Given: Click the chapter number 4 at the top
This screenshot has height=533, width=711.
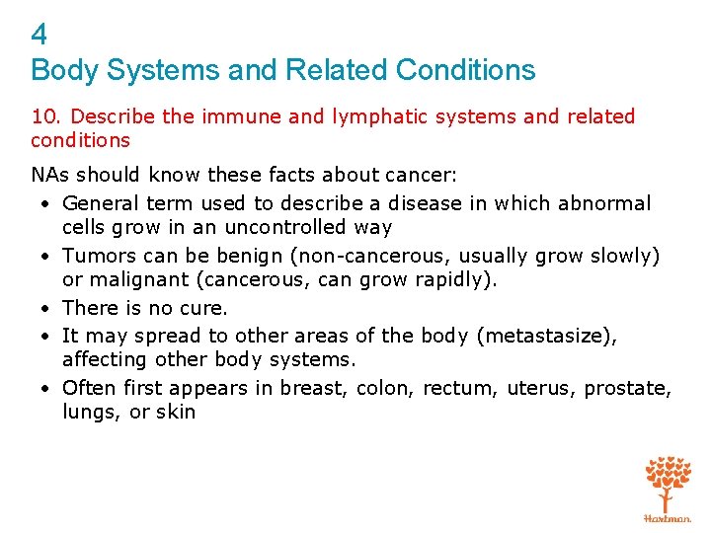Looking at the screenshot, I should (39, 36).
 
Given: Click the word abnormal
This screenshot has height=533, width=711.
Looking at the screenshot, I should (605, 203).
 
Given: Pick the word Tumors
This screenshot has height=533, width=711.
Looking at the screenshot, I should (96, 256).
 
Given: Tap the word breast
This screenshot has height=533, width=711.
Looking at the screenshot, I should (312, 388).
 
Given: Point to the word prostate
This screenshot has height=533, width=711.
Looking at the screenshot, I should (626, 388).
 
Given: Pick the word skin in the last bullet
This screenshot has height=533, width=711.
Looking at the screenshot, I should (176, 412).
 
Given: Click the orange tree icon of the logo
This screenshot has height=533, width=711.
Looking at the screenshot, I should (668, 483).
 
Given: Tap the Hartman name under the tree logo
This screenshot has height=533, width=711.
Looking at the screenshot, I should (668, 518).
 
